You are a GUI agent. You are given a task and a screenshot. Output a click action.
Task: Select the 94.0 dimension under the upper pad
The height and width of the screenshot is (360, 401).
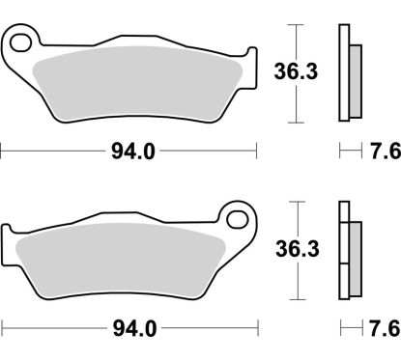[x=128, y=150]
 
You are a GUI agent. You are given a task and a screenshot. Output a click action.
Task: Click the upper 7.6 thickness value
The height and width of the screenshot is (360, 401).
[x=380, y=150]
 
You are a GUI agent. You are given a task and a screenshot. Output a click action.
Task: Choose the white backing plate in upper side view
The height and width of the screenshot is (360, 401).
[x=342, y=72]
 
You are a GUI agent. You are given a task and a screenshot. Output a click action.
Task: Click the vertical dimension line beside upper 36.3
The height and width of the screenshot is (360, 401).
[x=294, y=43]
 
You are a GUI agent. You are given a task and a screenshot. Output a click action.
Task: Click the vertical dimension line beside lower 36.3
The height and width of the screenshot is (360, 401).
[x=294, y=280]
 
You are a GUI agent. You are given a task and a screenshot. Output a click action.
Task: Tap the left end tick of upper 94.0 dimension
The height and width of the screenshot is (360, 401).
[x=2, y=150]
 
